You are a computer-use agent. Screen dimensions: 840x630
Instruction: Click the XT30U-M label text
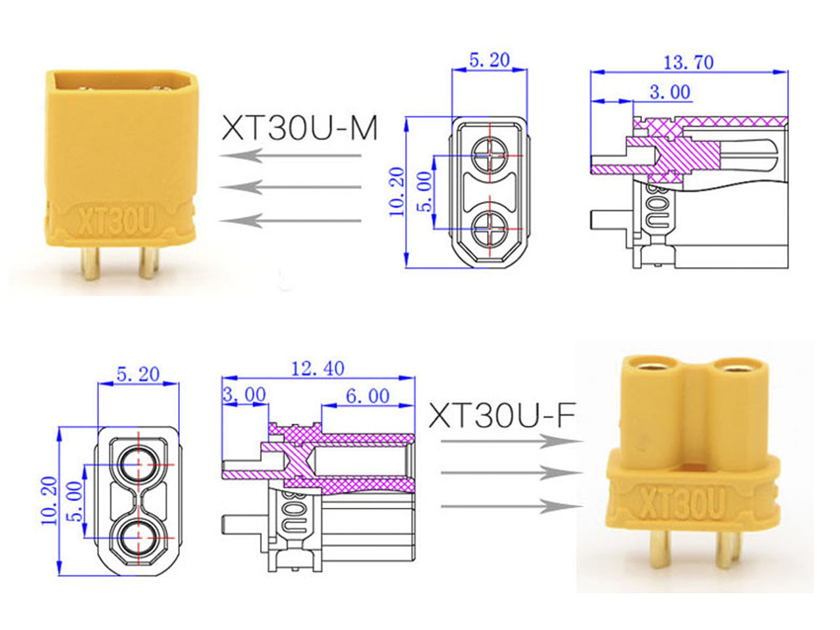click(299, 128)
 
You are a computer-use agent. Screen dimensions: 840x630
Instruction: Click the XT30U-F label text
click(502, 415)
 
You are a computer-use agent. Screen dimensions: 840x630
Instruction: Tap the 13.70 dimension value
click(688, 62)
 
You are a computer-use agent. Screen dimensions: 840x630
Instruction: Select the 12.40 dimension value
click(317, 368)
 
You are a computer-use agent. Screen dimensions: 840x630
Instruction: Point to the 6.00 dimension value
click(367, 396)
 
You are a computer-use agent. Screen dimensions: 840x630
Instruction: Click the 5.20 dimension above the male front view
click(489, 60)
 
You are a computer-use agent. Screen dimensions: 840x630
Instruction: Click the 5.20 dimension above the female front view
click(138, 373)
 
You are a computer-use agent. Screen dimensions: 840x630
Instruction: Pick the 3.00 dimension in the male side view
click(670, 92)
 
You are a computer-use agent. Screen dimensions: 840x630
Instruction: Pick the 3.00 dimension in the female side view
click(244, 394)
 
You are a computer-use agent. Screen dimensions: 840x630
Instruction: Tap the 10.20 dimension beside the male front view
click(396, 192)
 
